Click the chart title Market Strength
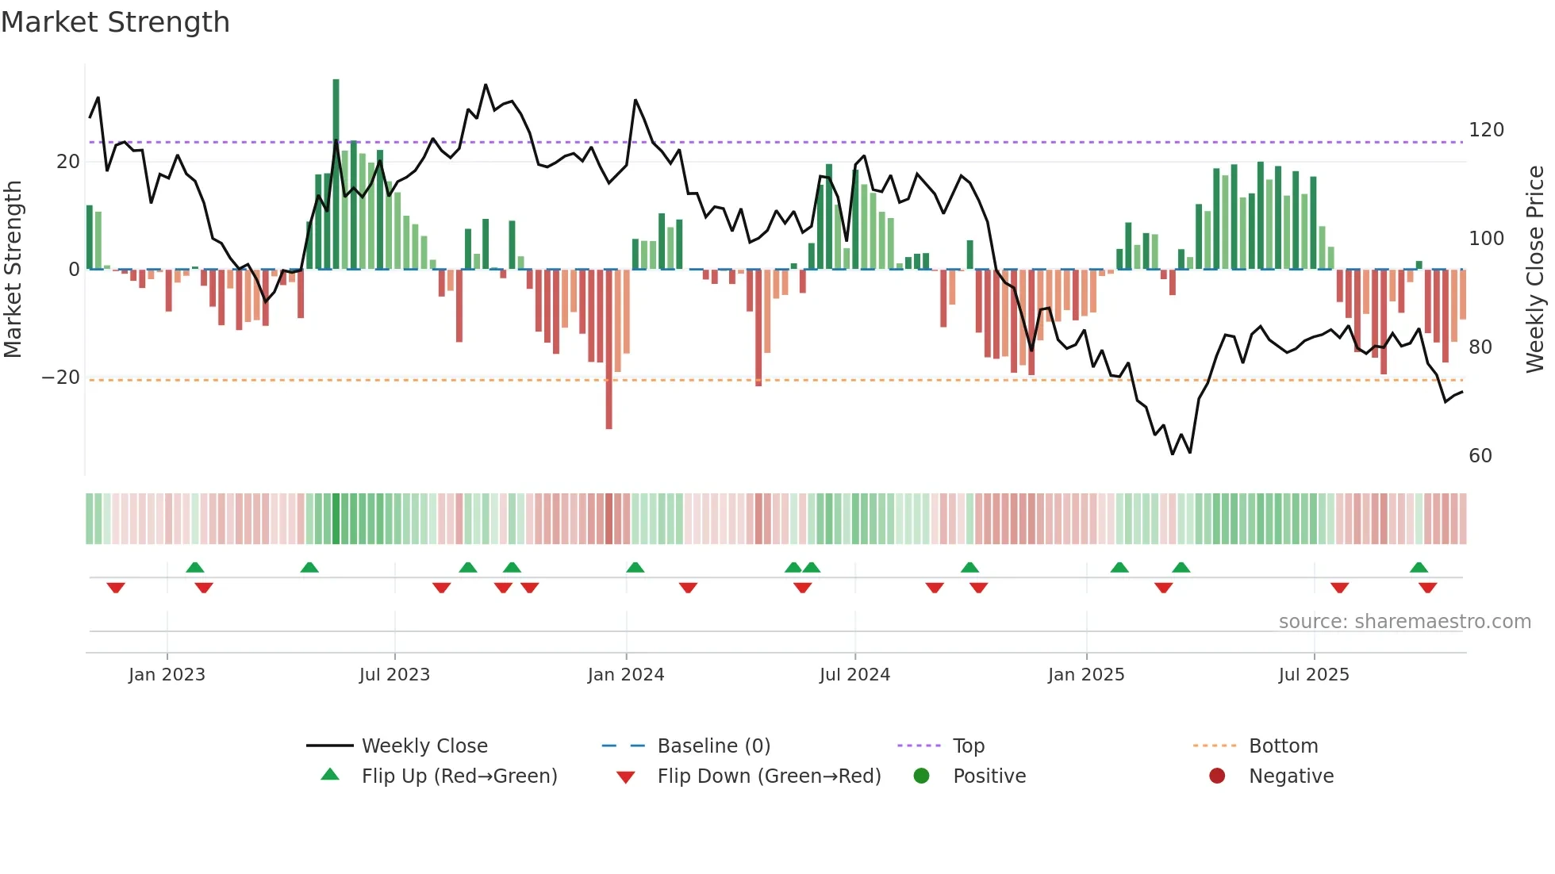tap(116, 22)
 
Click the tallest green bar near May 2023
tap(336, 174)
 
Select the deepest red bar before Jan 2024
tap(609, 349)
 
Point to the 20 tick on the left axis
tap(68, 162)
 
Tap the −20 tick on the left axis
tap(61, 378)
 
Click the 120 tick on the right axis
tap(1486, 130)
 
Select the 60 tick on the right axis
tap(1480, 456)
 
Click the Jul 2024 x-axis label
tap(854, 675)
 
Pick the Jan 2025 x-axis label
tap(1085, 675)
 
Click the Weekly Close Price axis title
tap(1535, 270)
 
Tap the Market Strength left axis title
tap(13, 270)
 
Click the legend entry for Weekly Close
tap(424, 746)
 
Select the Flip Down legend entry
tap(768, 776)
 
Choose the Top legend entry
tap(968, 746)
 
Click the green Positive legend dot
tap(921, 776)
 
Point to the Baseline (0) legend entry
tap(713, 746)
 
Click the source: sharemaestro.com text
tap(1404, 622)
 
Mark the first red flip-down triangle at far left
tap(116, 588)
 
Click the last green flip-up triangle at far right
tap(1419, 567)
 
